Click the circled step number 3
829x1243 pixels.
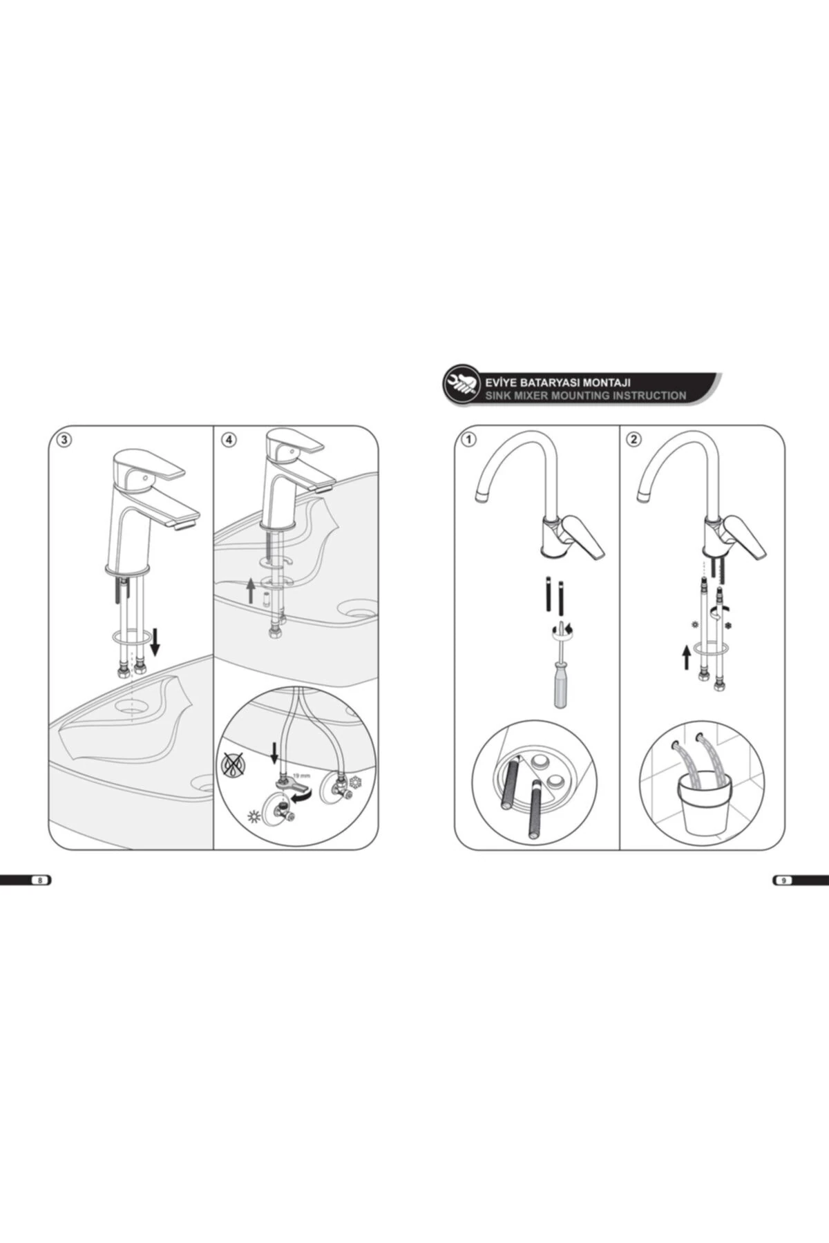[x=64, y=440]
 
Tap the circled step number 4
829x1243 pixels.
[x=229, y=440]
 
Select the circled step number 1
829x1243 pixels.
[x=469, y=440]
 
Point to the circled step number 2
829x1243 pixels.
[x=634, y=440]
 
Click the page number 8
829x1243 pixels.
[x=40, y=880]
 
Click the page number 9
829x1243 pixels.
[x=783, y=880]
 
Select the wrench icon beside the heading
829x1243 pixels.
[x=461, y=382]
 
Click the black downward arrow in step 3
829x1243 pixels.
[x=155, y=642]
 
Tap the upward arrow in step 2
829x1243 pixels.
[x=686, y=657]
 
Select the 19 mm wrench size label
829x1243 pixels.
[x=301, y=775]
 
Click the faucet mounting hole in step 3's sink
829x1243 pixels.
[x=131, y=707]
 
